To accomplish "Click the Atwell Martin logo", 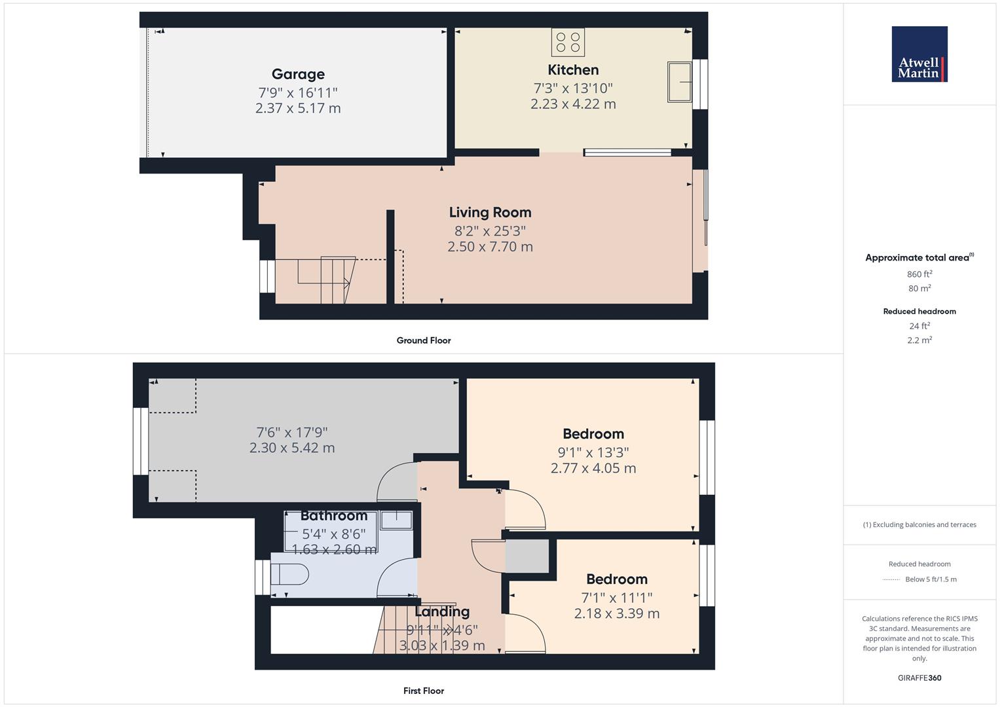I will pyautogui.click(x=919, y=54).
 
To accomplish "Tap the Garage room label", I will pyautogui.click(x=298, y=75).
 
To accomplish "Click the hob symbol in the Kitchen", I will pyautogui.click(x=568, y=42).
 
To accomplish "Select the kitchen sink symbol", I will pyautogui.click(x=679, y=82).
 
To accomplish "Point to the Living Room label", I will pyautogui.click(x=490, y=212).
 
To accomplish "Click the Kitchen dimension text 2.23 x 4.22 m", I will pyautogui.click(x=573, y=104).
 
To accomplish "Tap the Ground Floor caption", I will pyautogui.click(x=424, y=340).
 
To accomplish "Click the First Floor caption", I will pyautogui.click(x=424, y=691).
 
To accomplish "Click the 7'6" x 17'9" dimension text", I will pyautogui.click(x=291, y=432).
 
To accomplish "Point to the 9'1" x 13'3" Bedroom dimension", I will pyautogui.click(x=593, y=452).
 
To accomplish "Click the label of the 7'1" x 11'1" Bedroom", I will pyautogui.click(x=616, y=579).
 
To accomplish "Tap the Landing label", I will pyautogui.click(x=442, y=611).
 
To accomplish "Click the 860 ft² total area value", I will pyautogui.click(x=919, y=274).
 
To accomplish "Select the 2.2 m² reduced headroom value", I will pyautogui.click(x=919, y=340).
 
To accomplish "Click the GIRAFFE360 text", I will pyautogui.click(x=919, y=678).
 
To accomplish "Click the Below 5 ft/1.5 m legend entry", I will pyautogui.click(x=931, y=579).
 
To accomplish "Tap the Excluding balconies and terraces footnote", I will pyautogui.click(x=919, y=524).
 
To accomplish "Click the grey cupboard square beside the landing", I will pyautogui.click(x=527, y=556).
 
